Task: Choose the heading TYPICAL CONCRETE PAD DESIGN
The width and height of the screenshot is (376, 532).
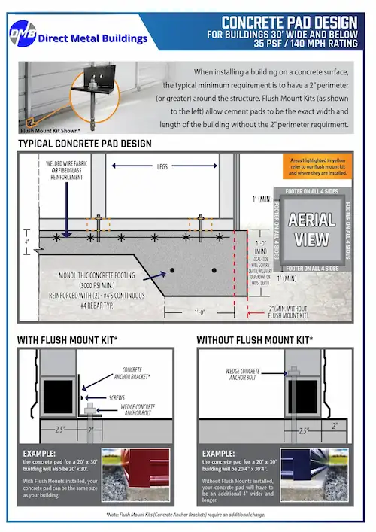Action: click(84, 143)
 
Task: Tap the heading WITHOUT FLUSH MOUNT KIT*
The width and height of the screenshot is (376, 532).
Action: click(255, 340)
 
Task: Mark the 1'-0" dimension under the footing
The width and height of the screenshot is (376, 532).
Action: click(199, 311)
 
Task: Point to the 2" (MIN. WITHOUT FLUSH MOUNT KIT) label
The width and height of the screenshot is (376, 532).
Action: click(289, 312)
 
